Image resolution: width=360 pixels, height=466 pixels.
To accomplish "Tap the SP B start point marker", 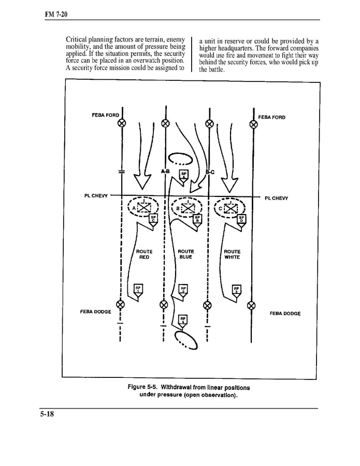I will tap(197, 219).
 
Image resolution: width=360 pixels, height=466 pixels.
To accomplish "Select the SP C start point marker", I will tap(153, 219).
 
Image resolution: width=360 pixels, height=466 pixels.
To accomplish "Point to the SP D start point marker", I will tap(241, 219).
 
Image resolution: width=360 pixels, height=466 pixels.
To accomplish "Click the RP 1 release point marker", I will tap(138, 289).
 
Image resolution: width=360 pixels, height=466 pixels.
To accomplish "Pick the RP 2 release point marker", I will tap(183, 289).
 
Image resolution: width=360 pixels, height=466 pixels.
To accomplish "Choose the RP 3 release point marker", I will tap(236, 289).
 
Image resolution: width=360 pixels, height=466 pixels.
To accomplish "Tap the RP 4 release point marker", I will tap(182, 319).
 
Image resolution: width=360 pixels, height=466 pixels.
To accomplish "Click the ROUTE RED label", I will tap(144, 254).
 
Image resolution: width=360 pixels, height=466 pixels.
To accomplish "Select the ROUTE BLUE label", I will tap(185, 254).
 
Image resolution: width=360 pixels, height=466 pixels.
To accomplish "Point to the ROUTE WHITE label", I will tap(232, 254).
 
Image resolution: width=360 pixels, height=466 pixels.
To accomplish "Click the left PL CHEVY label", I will tap(96, 196).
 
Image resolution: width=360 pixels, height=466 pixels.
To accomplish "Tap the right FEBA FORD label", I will tap(271, 117).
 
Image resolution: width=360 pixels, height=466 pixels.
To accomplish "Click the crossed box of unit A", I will tap(142, 208).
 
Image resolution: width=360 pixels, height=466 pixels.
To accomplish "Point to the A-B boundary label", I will tap(165, 171).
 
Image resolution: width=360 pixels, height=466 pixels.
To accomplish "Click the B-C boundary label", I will tap(210, 171).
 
